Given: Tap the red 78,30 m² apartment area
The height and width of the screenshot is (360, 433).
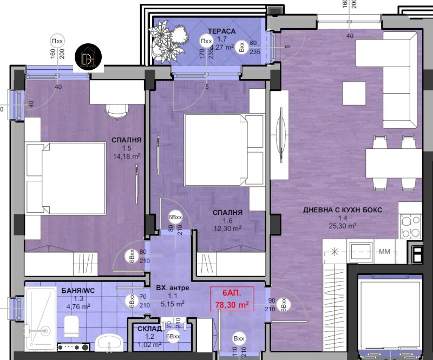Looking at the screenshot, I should click(232, 305).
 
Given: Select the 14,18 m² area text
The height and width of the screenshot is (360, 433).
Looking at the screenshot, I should click(127, 156).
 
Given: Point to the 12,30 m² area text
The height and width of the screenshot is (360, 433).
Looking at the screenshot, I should click(227, 228).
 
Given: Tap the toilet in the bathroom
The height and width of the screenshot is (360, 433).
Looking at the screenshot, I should click(72, 326).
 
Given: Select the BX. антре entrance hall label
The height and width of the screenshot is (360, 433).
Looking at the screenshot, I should click(173, 288).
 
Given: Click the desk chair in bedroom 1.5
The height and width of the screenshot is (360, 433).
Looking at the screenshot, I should click(116, 110).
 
